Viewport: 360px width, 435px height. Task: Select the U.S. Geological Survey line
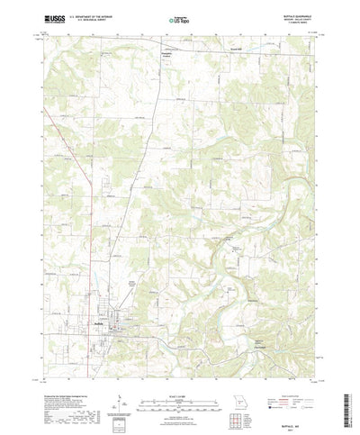click(x=93, y=19)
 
